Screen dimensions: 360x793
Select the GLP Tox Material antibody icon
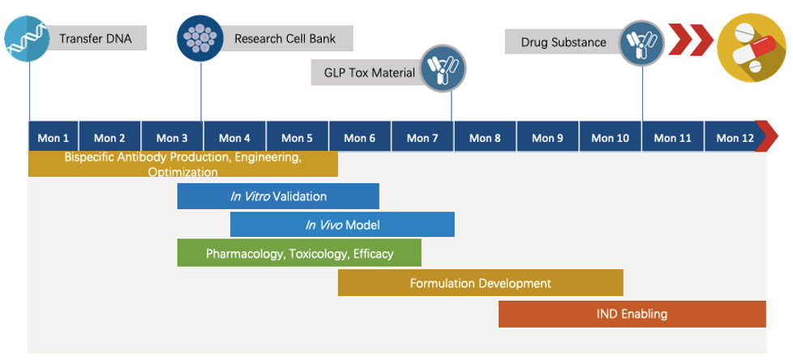pyautogui.click(x=443, y=68)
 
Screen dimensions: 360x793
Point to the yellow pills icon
pyautogui.click(x=748, y=45)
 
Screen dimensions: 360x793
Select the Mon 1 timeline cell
pyautogui.click(x=54, y=138)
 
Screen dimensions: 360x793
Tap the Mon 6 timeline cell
pyautogui.click(x=360, y=138)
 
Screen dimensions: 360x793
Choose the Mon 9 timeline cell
pyautogui.click(x=547, y=138)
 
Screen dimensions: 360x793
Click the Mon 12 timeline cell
pyautogui.click(x=735, y=138)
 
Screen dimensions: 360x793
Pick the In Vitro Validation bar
pyautogui.click(x=278, y=196)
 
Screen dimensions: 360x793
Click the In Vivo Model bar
pyautogui.click(x=342, y=225)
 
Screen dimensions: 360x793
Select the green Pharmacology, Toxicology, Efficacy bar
pyautogui.click(x=299, y=253)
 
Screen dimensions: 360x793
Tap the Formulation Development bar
pyautogui.click(x=480, y=283)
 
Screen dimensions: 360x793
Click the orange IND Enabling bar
pyautogui.click(x=632, y=314)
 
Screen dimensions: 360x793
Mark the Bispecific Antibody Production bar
pyautogui.click(x=183, y=164)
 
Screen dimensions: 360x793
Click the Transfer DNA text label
pyautogui.click(x=96, y=38)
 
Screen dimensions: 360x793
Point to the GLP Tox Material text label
pyautogui.click(x=370, y=73)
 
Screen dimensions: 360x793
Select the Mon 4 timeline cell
pyautogui.click(x=235, y=138)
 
